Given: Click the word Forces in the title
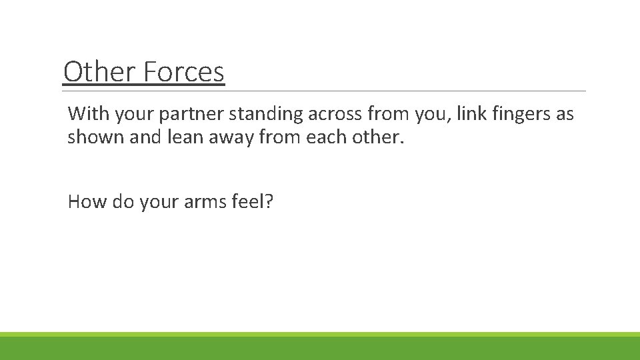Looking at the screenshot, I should point(185,72).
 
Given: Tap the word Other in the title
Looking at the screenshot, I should point(99,72).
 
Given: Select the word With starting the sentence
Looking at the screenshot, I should point(89,114).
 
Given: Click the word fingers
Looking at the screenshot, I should point(518,115).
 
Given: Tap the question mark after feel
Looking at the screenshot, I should point(269,201).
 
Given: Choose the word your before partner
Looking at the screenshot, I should point(134,115).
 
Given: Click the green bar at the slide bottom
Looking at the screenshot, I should point(320,347).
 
